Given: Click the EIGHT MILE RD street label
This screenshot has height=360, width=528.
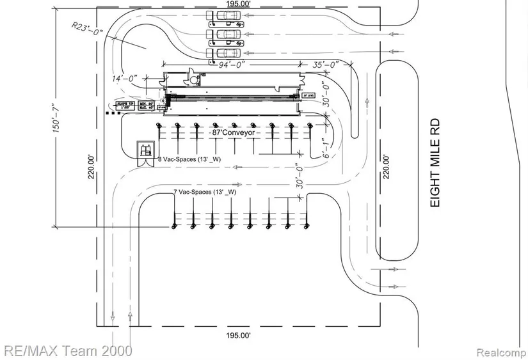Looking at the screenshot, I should point(435,162).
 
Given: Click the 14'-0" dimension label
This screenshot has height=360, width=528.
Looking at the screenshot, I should point(125,79).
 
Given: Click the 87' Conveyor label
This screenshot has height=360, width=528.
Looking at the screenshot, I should point(234,132).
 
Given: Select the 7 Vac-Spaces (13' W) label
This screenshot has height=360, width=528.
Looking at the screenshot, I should point(205,192).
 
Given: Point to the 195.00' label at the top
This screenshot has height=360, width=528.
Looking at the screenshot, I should point(237,4).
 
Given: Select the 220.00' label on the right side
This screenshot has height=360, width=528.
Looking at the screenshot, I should point(385,168).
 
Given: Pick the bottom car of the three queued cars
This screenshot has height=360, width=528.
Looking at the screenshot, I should point(223,53).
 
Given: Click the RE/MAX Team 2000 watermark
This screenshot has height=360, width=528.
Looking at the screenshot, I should point(67,350).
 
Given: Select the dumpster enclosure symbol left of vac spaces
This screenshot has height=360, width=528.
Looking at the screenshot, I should point(145,153).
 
